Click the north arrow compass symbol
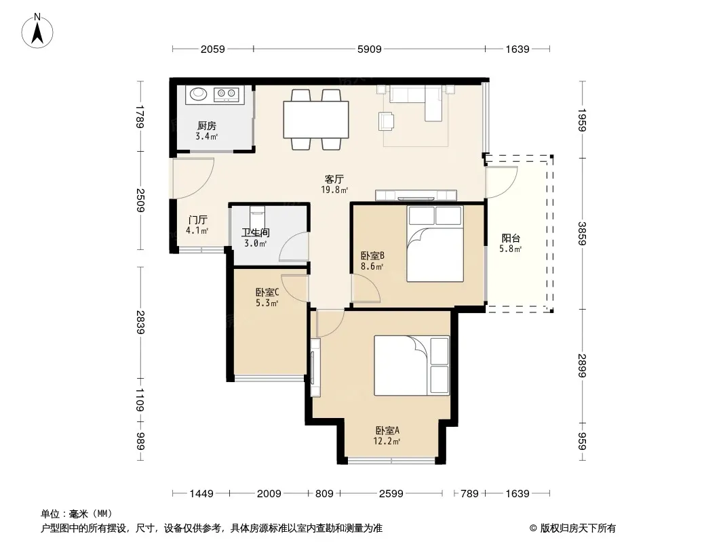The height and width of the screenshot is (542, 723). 37,31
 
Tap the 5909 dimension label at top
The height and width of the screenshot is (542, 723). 370,49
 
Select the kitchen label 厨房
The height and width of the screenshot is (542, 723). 207,125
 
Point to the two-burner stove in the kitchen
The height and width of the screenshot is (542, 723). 226,94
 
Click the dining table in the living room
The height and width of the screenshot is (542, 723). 316,119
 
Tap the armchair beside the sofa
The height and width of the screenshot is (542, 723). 387,121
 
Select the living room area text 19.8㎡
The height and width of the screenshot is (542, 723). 334,190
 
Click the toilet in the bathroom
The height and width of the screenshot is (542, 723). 257,214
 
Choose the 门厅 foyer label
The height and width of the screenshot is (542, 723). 198,220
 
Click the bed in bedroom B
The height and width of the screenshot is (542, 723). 435,244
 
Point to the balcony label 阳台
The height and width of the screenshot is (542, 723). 511,238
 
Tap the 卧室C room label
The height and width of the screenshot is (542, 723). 267,292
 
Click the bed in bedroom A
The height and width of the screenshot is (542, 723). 411,366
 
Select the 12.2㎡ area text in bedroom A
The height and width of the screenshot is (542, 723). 387,442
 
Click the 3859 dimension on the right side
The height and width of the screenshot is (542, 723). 582,234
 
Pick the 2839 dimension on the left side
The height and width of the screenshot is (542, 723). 140,322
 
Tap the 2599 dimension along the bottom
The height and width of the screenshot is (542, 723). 391,494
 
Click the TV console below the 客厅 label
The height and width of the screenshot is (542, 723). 416,195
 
